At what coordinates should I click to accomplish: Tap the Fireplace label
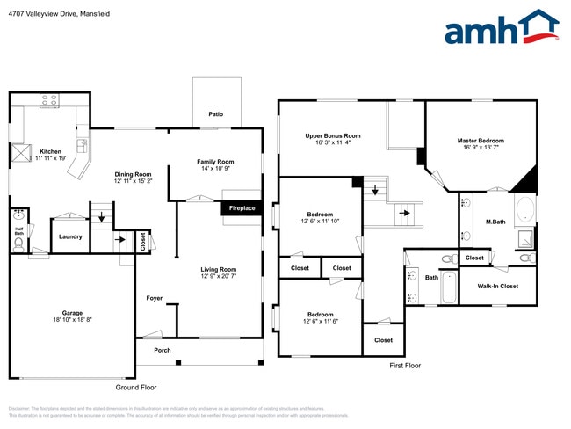click(x=242, y=208)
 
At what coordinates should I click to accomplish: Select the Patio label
click(x=215, y=114)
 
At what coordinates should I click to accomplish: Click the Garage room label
click(x=72, y=314)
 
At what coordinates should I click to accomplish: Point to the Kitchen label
click(x=50, y=151)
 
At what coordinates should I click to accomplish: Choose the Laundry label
click(x=70, y=236)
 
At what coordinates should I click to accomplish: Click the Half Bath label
click(x=18, y=232)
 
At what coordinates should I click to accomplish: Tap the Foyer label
click(x=155, y=299)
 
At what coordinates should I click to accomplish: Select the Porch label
click(x=163, y=350)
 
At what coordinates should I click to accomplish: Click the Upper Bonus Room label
click(x=333, y=135)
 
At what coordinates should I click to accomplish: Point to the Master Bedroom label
click(x=481, y=140)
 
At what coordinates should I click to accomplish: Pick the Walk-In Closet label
click(x=497, y=286)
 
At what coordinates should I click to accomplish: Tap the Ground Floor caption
click(x=136, y=387)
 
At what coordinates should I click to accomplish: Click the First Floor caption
click(x=405, y=365)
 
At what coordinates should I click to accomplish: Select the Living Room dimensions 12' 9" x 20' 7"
click(x=220, y=276)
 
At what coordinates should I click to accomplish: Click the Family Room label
click(x=215, y=162)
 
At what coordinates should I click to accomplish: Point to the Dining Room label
click(x=134, y=174)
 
